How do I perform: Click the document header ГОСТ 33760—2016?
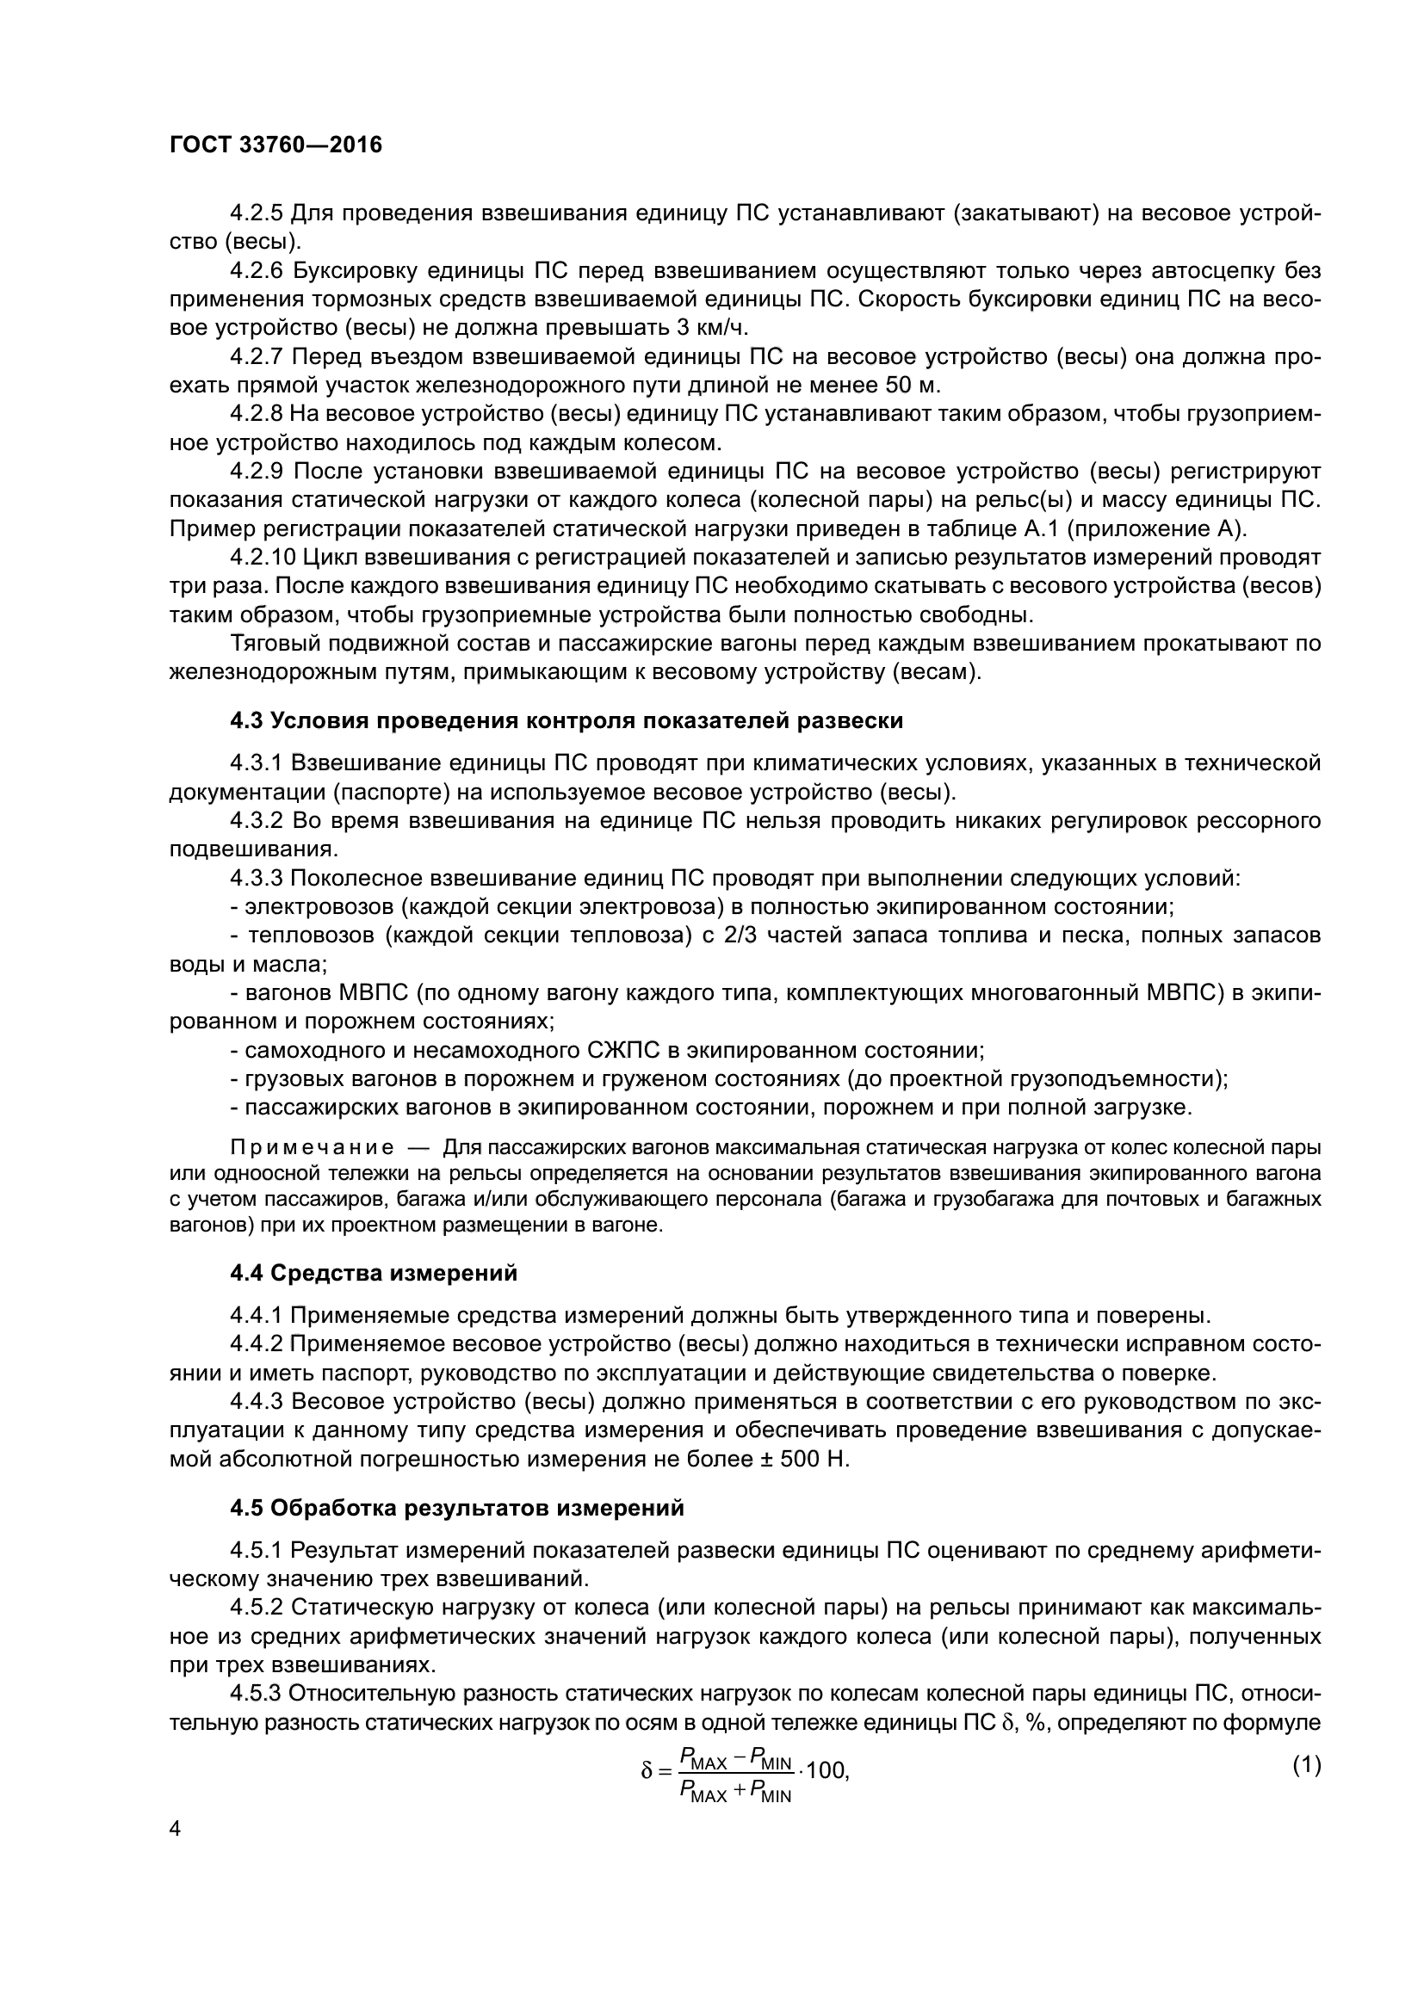[276, 145]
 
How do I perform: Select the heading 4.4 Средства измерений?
[374, 1273]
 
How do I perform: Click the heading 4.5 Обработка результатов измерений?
[457, 1508]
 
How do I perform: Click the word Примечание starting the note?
[312, 1148]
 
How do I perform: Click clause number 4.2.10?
[263, 558]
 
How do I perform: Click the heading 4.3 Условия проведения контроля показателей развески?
[567, 720]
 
